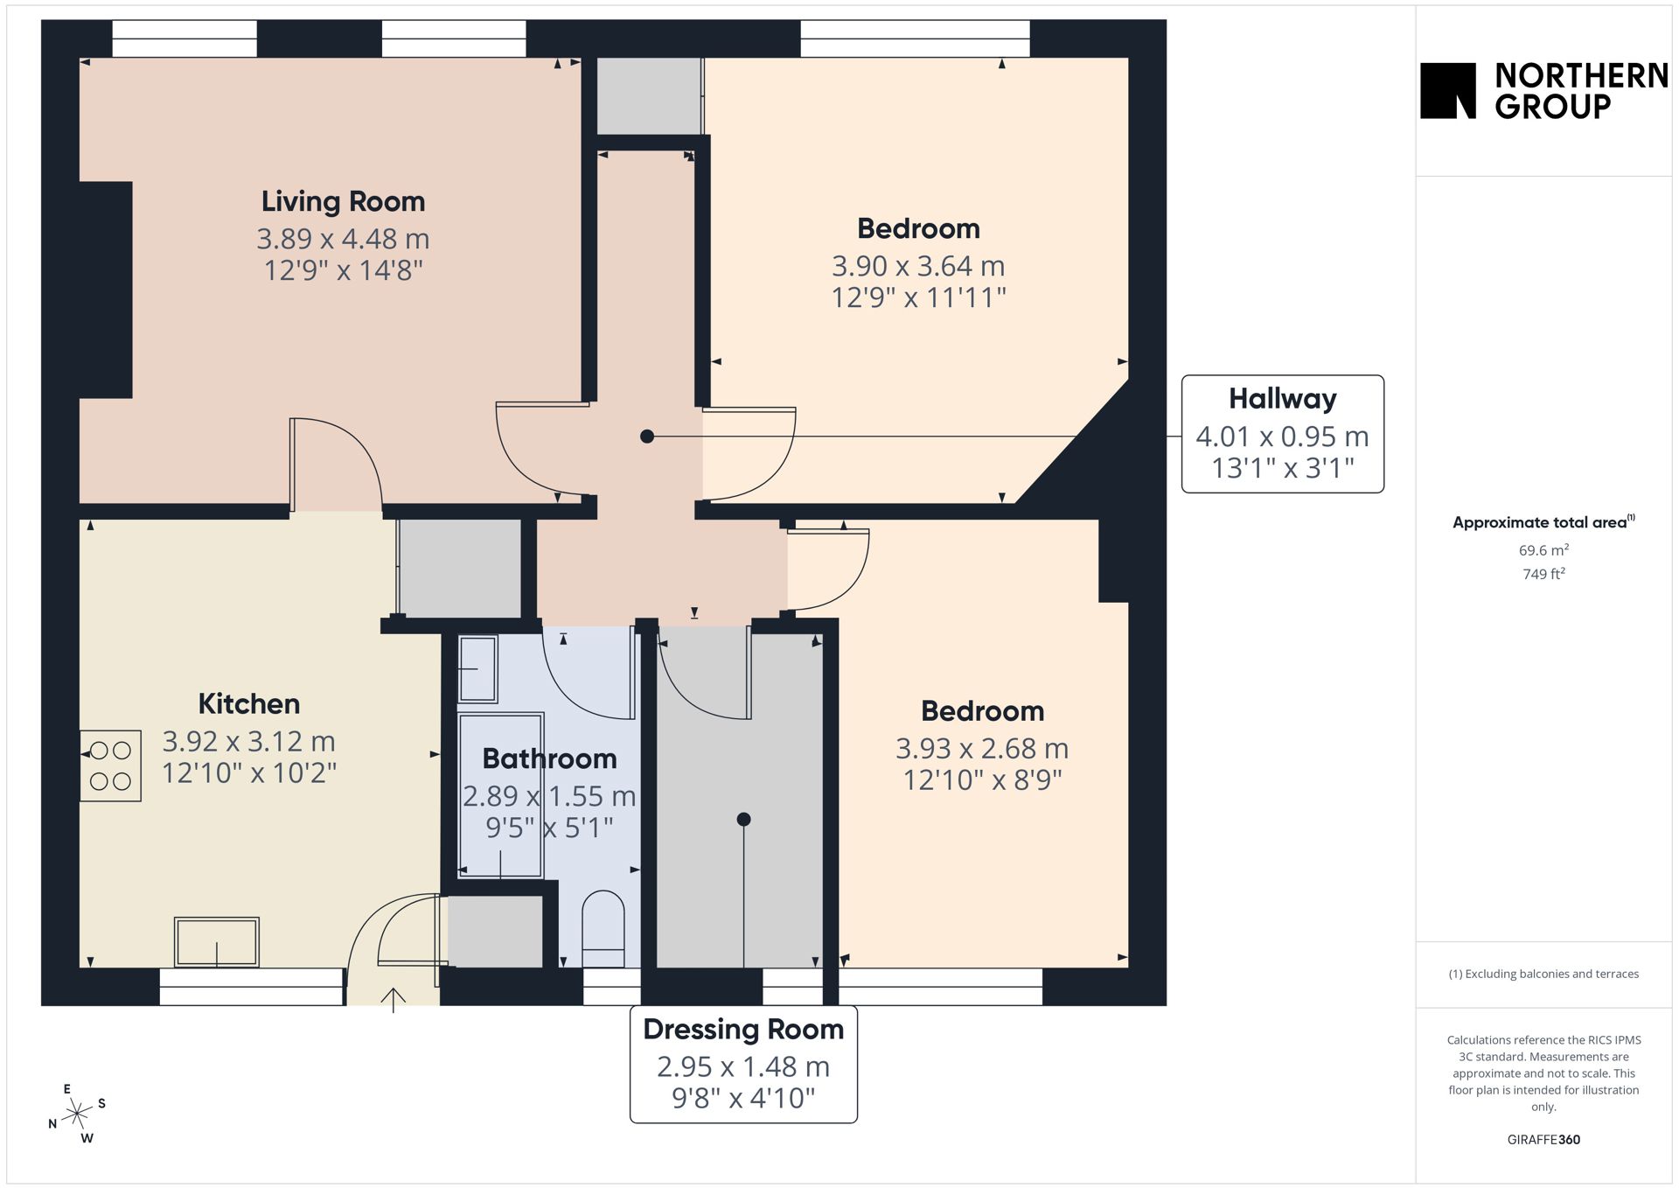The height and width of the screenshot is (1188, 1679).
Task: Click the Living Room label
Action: point(343,201)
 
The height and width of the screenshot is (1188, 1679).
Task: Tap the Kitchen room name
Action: point(249,703)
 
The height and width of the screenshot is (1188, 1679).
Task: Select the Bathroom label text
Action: point(549,758)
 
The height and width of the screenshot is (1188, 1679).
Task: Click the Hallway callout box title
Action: point(1282,399)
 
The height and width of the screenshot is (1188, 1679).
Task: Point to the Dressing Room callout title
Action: point(743,1030)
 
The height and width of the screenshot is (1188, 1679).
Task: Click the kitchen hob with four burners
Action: point(110,765)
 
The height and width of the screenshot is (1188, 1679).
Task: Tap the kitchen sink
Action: point(217,941)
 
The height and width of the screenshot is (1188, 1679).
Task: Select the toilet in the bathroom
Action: point(603,929)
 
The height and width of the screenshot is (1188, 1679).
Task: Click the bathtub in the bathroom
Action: point(501,795)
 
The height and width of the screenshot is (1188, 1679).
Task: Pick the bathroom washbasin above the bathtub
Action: point(477,668)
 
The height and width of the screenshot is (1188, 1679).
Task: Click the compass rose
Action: point(78,1114)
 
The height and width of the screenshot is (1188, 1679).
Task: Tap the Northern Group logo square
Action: point(1448,90)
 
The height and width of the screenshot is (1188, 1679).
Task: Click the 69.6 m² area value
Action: point(1543,550)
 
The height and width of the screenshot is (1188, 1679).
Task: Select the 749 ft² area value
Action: point(1543,574)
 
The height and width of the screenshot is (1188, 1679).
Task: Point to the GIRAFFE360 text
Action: point(1543,1139)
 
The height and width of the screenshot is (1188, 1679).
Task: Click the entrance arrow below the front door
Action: point(394,1000)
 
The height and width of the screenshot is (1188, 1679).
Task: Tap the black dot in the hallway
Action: point(647,437)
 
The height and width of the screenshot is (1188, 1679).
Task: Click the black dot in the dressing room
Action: point(743,820)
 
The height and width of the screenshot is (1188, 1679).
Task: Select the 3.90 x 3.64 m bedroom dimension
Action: point(918,266)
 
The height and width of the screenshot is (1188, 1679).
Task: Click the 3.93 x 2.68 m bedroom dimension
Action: point(982,749)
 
